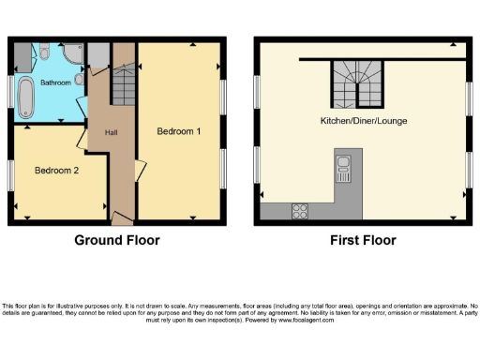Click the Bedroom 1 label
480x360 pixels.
coord(178,131)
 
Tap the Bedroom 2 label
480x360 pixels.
coord(56,171)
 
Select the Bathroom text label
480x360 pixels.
coord(55,83)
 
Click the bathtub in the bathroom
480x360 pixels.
coord(26,95)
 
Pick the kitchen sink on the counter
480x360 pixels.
coord(342,171)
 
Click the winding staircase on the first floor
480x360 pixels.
coord(354,79)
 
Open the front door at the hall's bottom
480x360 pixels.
coord(121,217)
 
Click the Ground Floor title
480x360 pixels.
coord(117,240)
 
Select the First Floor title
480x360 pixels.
coord(363,240)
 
